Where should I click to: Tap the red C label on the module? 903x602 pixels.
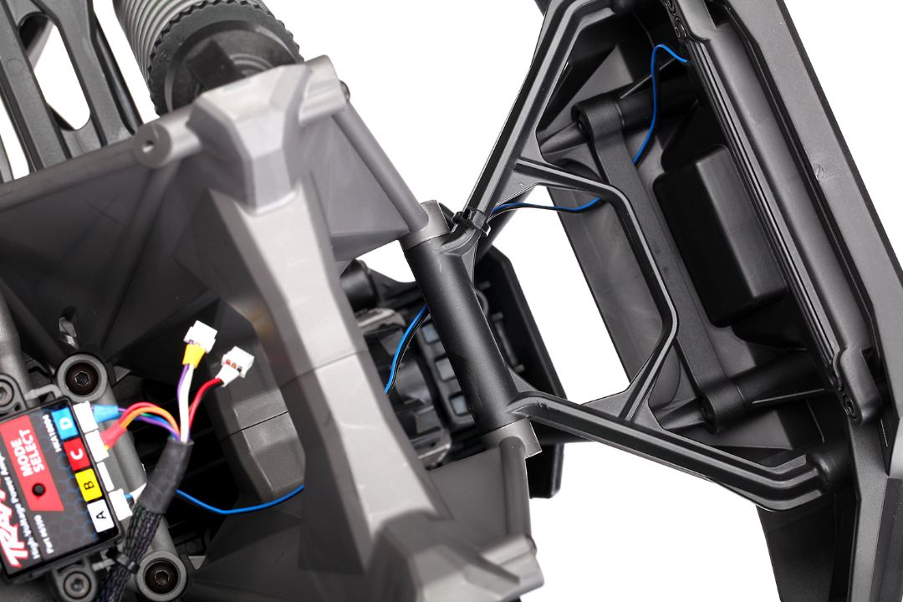pos(78,452)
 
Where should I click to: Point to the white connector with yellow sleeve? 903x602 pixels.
pos(199,336)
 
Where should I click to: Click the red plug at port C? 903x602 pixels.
pos(112,440)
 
